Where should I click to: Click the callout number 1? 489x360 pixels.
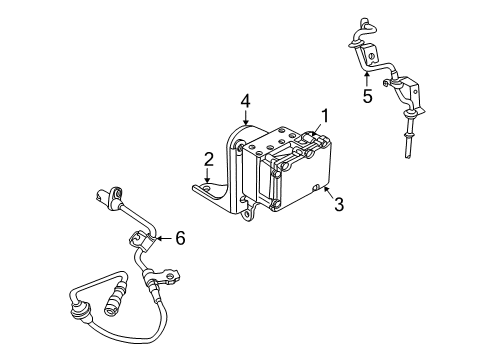click(324, 115)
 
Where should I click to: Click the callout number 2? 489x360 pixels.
click(208, 159)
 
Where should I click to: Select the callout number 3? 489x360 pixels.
click(338, 206)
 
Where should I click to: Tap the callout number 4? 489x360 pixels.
click(244, 100)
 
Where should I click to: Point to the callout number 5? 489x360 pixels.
click(367, 97)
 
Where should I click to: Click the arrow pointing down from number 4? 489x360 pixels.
click(244, 117)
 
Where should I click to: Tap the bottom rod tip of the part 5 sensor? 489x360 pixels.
click(410, 152)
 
